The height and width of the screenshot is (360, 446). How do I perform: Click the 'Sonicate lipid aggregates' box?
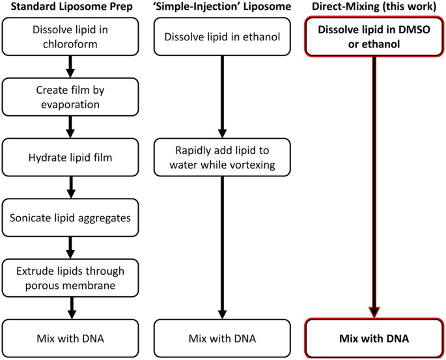(72, 216)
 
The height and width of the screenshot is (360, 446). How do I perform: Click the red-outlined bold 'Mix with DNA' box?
(374, 338)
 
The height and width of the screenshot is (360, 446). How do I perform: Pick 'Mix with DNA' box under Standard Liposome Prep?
(72, 338)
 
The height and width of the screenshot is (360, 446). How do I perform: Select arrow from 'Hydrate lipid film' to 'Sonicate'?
(72, 187)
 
